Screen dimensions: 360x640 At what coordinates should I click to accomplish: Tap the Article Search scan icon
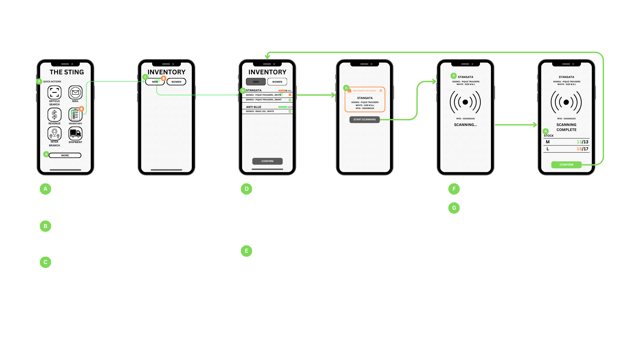[54, 92]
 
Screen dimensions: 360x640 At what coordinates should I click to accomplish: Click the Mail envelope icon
[75, 92]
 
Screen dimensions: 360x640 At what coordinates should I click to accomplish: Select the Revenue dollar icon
[54, 115]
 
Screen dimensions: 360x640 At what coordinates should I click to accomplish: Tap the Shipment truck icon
[75, 133]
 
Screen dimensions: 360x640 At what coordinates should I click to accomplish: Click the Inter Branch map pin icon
[54, 134]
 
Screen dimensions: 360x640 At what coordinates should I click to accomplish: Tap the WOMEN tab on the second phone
[176, 82]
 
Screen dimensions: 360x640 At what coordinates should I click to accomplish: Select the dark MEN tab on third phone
[256, 82]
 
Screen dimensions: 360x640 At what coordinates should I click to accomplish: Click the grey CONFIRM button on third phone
[267, 161]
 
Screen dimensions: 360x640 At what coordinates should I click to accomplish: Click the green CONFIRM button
[566, 165]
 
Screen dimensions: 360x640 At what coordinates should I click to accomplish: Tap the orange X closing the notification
[381, 91]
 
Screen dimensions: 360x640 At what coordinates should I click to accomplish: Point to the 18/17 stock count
[582, 149]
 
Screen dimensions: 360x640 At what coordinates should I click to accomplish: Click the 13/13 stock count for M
[582, 142]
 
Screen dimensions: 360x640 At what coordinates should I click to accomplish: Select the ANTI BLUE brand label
[254, 107]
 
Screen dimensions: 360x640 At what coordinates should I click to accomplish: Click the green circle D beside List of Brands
[246, 189]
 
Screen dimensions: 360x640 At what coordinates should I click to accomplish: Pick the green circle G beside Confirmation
[454, 208]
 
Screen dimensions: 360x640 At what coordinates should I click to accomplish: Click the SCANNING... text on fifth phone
[465, 125]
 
